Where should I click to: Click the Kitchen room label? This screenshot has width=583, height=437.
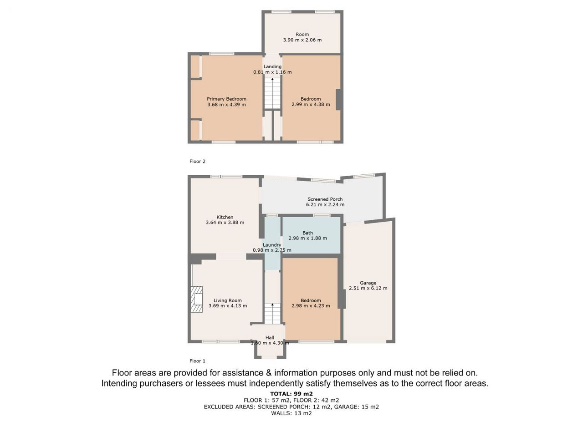coord(225,217)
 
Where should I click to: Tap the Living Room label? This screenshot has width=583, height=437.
coord(228,300)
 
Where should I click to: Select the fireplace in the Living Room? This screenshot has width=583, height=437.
coord(196,299)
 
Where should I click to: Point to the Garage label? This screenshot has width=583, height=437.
coord(368,283)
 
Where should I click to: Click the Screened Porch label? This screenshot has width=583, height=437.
coord(325,199)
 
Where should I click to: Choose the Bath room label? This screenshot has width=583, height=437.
coord(307,233)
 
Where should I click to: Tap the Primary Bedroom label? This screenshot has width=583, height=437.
coord(226,99)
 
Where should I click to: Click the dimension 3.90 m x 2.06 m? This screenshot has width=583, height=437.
coord(302,40)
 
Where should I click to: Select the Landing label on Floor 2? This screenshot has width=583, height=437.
coord(272,66)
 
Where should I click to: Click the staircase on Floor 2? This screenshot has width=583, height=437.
coord(272,93)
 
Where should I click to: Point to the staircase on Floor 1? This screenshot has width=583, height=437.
coord(272,314)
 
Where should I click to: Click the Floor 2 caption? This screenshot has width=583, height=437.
coord(197,161)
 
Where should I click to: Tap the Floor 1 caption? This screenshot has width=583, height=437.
coord(197,361)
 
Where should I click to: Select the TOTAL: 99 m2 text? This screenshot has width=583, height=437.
coord(291,394)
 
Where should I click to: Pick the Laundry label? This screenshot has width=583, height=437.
coord(272,245)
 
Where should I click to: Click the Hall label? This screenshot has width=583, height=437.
coord(270,337)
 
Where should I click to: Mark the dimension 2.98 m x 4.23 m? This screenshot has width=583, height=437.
coord(311,305)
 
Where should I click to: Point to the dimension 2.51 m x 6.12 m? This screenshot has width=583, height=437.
coord(368,288)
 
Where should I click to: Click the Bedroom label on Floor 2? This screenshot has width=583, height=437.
coord(311,99)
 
